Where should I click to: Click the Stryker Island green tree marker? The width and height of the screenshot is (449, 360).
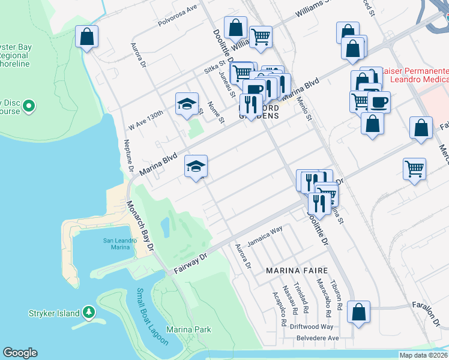click(x=89, y=313)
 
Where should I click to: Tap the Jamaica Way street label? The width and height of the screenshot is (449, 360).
click(x=268, y=230)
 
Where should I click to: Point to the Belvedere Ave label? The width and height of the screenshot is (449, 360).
click(x=318, y=338)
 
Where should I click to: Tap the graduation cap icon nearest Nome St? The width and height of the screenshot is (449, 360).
click(x=187, y=103)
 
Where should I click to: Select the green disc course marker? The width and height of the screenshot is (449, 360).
click(x=28, y=107)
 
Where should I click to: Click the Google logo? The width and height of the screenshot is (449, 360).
click(x=20, y=353)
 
